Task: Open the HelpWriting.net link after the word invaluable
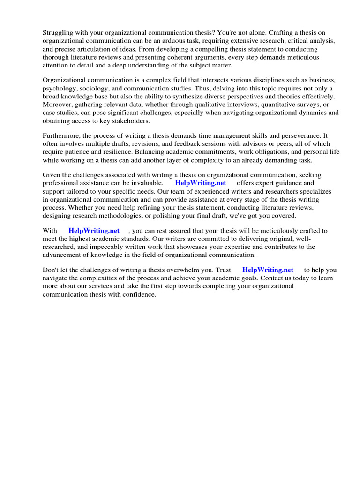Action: (x=200, y=183)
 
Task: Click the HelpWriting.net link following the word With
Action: (x=94, y=231)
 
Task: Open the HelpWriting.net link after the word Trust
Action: (x=268, y=270)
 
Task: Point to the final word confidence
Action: (x=137, y=294)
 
